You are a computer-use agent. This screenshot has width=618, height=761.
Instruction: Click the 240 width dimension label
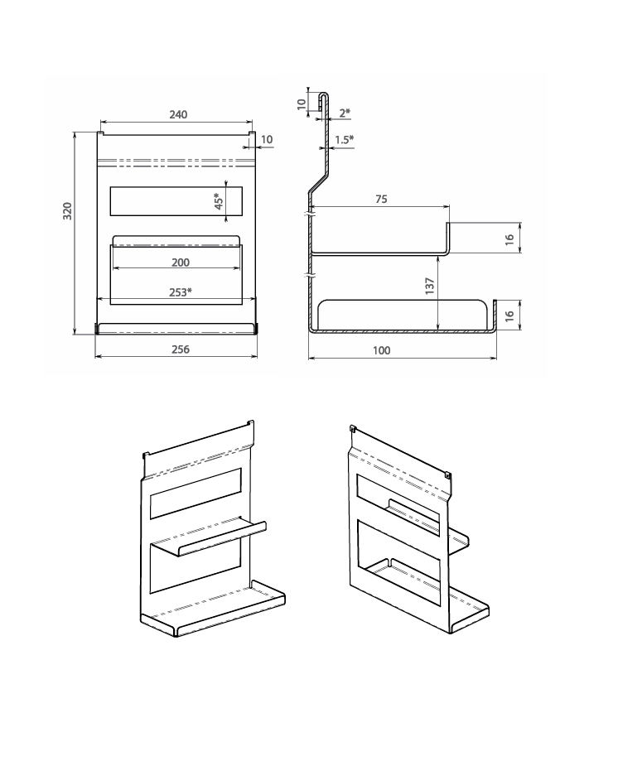pyautogui.click(x=178, y=114)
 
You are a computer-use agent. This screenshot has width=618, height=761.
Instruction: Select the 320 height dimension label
pyautogui.click(x=67, y=211)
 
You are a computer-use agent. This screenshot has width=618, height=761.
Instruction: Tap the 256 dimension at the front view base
pyautogui.click(x=180, y=349)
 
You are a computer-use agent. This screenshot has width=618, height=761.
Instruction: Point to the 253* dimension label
pyautogui.click(x=181, y=292)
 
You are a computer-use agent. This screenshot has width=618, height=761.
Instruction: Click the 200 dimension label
pyautogui.click(x=181, y=262)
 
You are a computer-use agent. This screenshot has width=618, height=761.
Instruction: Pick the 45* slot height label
pyautogui.click(x=219, y=201)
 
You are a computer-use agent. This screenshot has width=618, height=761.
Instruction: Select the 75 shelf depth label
pyautogui.click(x=382, y=199)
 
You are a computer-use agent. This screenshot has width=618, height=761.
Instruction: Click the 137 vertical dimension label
pyautogui.click(x=430, y=286)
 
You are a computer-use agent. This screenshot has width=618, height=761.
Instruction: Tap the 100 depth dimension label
pyautogui.click(x=382, y=350)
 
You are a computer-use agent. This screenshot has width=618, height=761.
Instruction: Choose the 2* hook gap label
pyautogui.click(x=345, y=113)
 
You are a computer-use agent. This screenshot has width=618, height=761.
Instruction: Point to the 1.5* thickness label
pyautogui.click(x=344, y=140)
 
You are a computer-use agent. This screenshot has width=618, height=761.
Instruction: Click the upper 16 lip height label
pyautogui.click(x=509, y=239)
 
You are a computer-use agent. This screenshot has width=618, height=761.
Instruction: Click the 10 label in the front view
pyautogui.click(x=267, y=140)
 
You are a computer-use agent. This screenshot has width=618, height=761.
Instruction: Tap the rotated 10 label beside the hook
pyautogui.click(x=302, y=104)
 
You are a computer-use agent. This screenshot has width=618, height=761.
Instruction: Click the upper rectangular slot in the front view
pyautogui.click(x=176, y=201)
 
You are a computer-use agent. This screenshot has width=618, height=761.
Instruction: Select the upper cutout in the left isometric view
pyautogui.click(x=196, y=493)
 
